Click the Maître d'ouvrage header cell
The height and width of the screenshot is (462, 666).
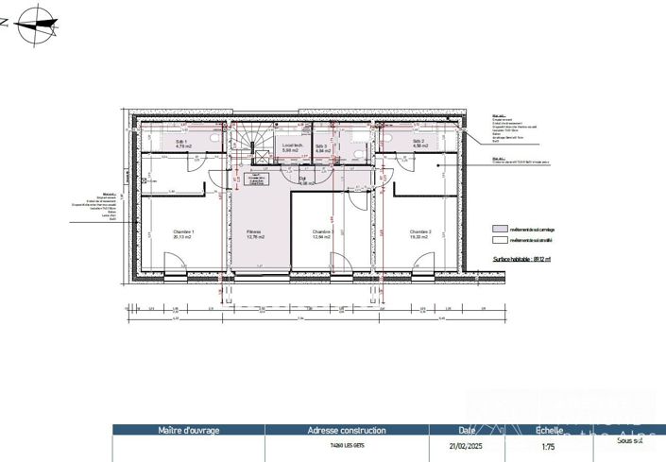tap(188, 430)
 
